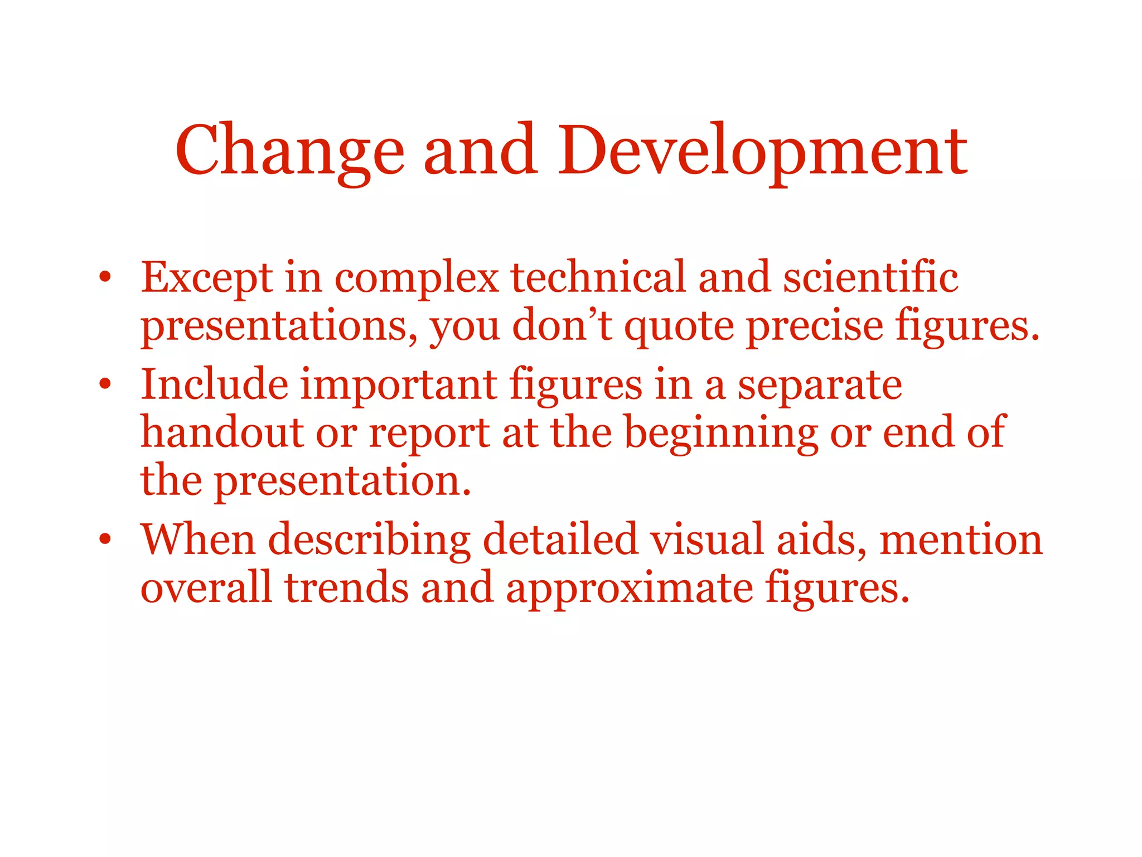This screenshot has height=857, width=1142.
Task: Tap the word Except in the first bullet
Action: [x=207, y=278]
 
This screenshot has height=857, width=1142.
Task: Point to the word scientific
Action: [x=870, y=277]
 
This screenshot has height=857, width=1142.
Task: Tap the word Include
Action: [x=215, y=384]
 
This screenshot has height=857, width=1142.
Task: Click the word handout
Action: [x=222, y=432]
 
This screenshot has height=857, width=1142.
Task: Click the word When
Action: [x=198, y=540]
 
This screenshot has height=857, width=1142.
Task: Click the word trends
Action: [x=346, y=588]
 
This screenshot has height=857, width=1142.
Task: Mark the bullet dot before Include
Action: [x=105, y=384]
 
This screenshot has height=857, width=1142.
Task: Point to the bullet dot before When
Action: [x=105, y=540]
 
